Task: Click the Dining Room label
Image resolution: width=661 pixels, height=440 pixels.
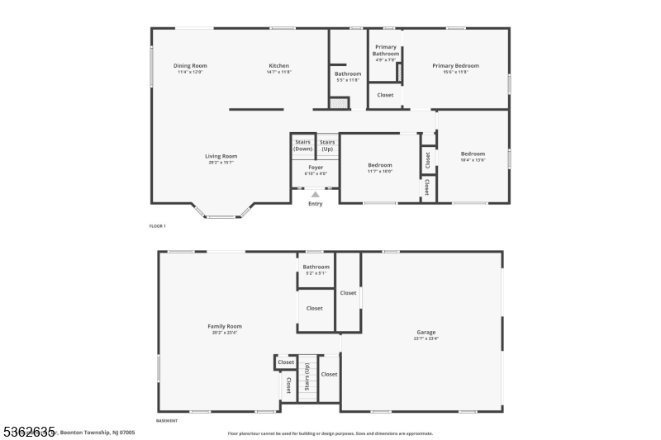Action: tap(190, 66)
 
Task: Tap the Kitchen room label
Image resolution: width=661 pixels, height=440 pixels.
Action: tap(278, 66)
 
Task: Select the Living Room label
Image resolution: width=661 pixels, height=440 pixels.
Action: tap(221, 156)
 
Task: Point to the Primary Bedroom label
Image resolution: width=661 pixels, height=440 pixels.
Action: tap(455, 66)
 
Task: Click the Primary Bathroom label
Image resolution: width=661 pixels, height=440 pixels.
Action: tap(386, 50)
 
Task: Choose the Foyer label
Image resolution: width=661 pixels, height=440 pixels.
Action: tap(316, 168)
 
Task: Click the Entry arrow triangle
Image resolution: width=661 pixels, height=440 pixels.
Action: tap(315, 195)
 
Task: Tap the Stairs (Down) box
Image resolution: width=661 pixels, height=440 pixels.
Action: tap(303, 145)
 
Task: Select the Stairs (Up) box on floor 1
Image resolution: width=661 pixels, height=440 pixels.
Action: tap(327, 145)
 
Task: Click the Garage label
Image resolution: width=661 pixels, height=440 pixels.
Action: tap(426, 333)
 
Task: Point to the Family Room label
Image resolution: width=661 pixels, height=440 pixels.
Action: tap(225, 326)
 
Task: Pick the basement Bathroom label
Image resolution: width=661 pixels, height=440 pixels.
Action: tap(316, 267)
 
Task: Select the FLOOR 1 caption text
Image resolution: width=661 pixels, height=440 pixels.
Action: tap(157, 225)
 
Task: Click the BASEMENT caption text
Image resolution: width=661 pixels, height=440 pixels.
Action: tap(167, 420)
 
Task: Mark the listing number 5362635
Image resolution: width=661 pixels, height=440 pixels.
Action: tap(28, 431)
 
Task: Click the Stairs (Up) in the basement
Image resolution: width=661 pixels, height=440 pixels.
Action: tap(308, 379)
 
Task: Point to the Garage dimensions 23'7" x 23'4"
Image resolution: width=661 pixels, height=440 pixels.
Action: tap(426, 339)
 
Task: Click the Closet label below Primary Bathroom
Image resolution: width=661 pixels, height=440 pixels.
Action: tap(385, 95)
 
